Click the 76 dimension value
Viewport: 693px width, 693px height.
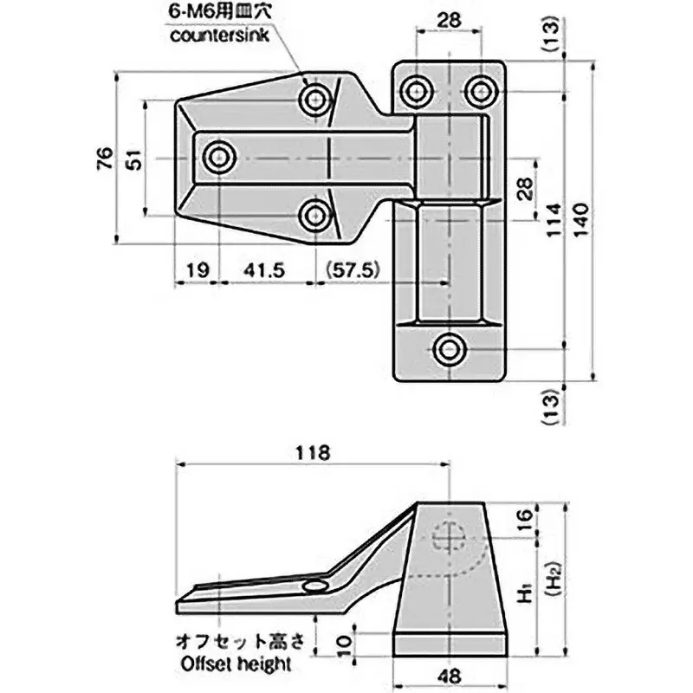tap(103, 158)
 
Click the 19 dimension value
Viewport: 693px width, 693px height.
tap(197, 270)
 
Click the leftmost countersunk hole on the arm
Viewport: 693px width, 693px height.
tap(220, 158)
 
